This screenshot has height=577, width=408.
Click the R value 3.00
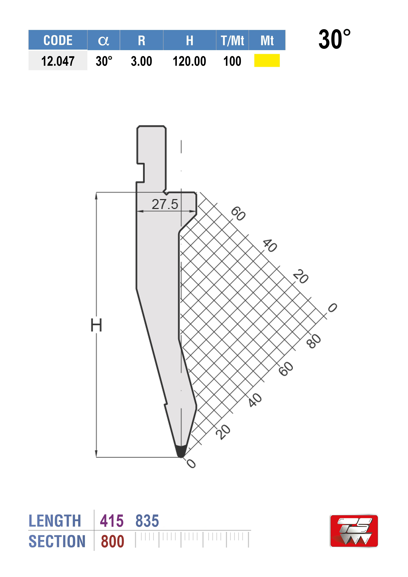point(141,61)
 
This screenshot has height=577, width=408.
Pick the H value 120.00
point(189,61)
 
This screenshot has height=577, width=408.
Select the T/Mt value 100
point(232,61)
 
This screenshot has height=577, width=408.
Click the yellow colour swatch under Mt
point(267,61)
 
